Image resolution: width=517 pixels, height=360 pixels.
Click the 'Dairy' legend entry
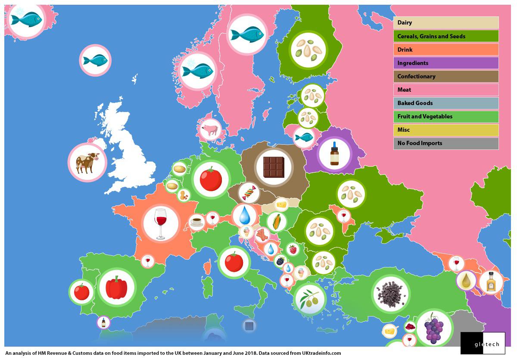[445, 23]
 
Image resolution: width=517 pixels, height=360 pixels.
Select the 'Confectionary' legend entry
[445, 76]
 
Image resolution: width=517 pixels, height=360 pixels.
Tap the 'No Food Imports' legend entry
[445, 143]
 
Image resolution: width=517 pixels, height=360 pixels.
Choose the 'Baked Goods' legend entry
[445, 103]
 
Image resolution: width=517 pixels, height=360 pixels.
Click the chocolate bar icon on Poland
[274, 167]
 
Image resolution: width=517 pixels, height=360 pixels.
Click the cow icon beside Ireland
[87, 162]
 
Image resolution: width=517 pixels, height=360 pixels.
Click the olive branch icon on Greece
[310, 299]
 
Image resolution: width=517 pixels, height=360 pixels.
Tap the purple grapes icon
[434, 328]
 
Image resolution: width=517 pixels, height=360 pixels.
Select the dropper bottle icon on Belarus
[334, 155]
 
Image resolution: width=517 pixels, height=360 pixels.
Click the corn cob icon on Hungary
[276, 222]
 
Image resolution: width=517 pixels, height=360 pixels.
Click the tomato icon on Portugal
[81, 292]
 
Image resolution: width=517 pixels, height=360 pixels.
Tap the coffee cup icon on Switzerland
[196, 222]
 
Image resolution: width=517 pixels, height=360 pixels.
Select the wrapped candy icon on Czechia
[249, 193]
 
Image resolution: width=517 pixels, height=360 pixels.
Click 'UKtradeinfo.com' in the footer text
[318, 353]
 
